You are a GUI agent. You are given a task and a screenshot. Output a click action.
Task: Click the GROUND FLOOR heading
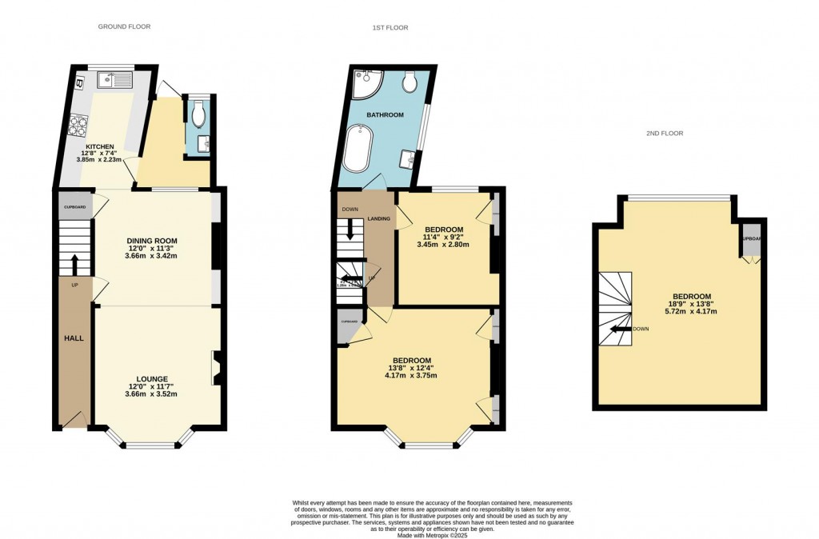click(124, 27)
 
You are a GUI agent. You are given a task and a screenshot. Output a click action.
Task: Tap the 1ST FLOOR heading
click(390, 28)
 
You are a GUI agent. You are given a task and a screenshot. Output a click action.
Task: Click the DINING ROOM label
click(152, 240)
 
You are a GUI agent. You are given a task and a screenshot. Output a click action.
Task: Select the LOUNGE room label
click(152, 378)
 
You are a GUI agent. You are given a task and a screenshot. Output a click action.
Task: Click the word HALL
click(74, 338)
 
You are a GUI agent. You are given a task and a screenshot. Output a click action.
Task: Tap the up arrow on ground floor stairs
click(75, 264)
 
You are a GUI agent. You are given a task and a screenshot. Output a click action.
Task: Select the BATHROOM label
click(385, 115)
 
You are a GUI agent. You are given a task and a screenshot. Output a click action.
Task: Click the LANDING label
click(378, 218)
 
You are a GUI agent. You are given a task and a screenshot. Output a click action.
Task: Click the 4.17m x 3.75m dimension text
click(411, 375)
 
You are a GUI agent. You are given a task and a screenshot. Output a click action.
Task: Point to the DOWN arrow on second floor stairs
click(620, 329)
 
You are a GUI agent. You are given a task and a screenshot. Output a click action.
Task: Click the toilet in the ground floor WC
click(198, 111)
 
